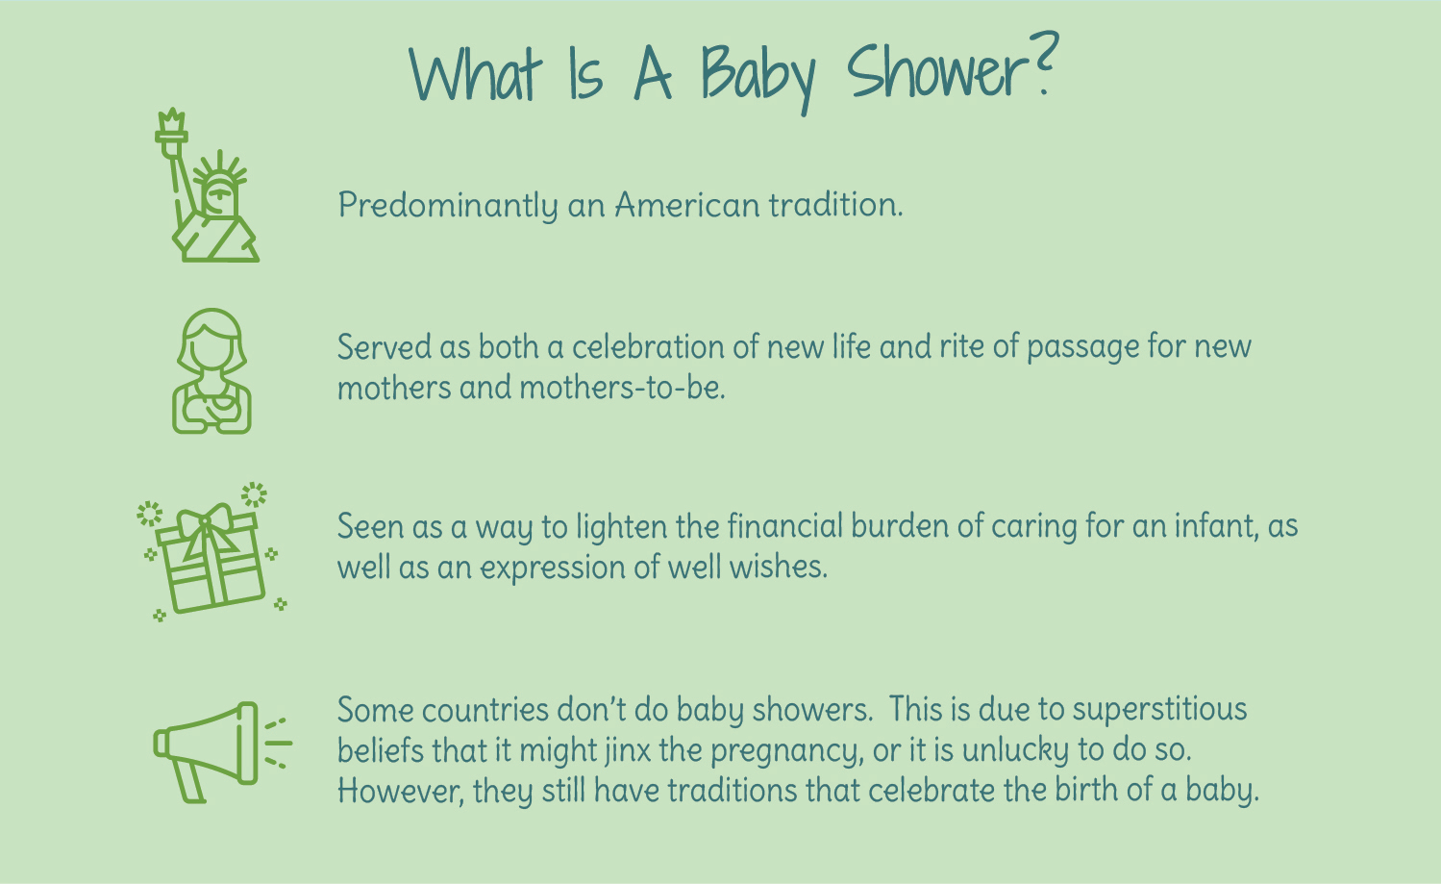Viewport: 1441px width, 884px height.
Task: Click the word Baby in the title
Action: (758, 77)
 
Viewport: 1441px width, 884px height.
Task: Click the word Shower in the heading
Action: (936, 72)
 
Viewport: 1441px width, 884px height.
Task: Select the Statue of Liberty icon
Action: (207, 185)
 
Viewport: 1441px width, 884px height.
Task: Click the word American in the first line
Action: (687, 206)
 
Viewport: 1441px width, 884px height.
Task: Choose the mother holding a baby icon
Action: (211, 371)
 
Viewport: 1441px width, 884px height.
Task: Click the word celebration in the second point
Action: (648, 347)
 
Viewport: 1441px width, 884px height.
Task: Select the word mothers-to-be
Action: (622, 388)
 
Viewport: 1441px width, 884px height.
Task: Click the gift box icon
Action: (211, 552)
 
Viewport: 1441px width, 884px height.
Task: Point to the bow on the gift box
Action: (205, 529)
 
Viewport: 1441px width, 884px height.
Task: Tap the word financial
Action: (784, 526)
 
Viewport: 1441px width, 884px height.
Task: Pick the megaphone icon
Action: (223, 752)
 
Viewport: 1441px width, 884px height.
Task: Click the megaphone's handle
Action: (190, 781)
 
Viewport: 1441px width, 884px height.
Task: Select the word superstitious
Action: (1160, 710)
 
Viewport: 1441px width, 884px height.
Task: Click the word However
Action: (400, 791)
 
